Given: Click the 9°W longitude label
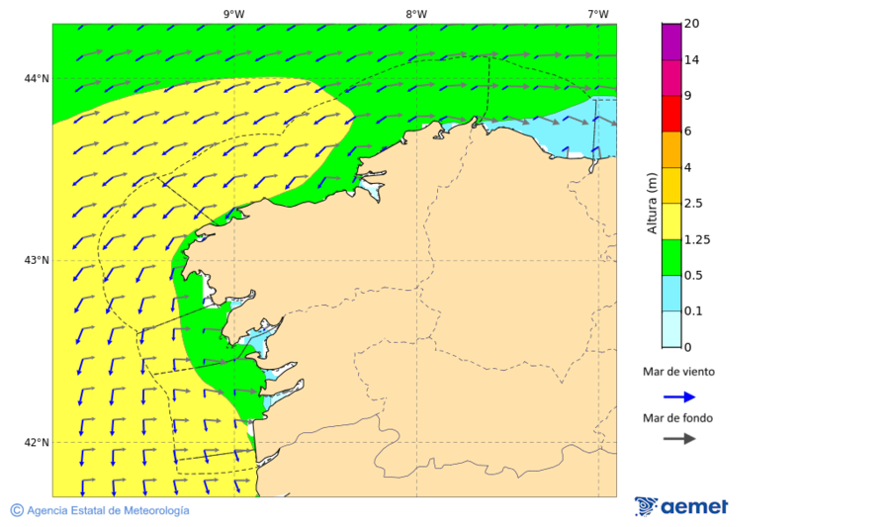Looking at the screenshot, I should pyautogui.click(x=233, y=14).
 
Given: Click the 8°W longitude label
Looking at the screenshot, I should pyautogui.click(x=416, y=14).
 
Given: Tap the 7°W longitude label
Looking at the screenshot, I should pyautogui.click(x=597, y=14).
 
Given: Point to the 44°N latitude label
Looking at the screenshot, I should pyautogui.click(x=37, y=79).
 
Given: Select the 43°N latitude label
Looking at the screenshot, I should pyautogui.click(x=37, y=261).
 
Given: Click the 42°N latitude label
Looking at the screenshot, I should pyautogui.click(x=37, y=443).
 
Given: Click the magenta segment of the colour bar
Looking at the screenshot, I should pyautogui.click(x=671, y=42).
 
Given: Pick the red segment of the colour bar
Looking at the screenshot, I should pyautogui.click(x=671, y=113).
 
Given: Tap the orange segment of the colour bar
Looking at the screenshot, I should pyautogui.click(x=671, y=149).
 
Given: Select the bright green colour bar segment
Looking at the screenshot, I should pyautogui.click(x=671, y=257).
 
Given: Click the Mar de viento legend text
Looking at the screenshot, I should pyautogui.click(x=677, y=372).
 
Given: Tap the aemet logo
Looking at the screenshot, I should pyautogui.click(x=681, y=506).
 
